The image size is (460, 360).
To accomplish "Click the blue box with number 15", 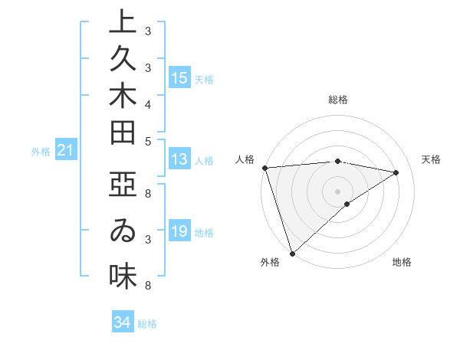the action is [x=179, y=78].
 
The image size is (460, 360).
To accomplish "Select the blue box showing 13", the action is [x=179, y=159].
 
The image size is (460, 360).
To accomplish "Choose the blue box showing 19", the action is [x=179, y=231].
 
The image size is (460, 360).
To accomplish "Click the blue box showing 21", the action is [x=66, y=151].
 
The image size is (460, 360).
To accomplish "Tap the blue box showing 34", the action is [x=122, y=322].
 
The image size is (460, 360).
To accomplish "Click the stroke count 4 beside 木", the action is [x=148, y=103].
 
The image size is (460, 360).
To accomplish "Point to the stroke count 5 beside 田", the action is [x=148, y=140].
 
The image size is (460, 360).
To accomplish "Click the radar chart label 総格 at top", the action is [x=338, y=100].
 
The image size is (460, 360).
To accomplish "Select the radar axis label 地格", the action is [x=402, y=263].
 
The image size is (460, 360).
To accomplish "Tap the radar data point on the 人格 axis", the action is [x=264, y=167].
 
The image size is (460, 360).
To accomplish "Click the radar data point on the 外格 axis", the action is [x=292, y=253].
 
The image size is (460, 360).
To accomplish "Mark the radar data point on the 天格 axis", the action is [x=396, y=172].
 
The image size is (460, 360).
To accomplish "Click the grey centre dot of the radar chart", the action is [x=338, y=191].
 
